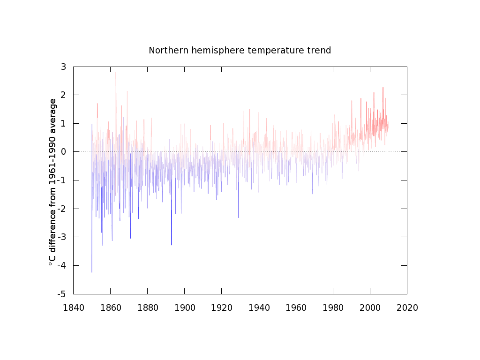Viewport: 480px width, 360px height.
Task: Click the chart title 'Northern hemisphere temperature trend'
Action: click(x=240, y=50)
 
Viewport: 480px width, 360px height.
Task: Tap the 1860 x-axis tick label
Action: click(x=110, y=308)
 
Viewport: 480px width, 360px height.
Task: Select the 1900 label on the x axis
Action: click(x=184, y=308)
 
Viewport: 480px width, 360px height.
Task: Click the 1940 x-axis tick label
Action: click(x=259, y=308)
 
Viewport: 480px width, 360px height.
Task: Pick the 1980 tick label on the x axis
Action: click(x=333, y=308)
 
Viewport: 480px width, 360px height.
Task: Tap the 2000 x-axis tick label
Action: click(x=370, y=308)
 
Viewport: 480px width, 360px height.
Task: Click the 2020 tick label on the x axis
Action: click(x=407, y=308)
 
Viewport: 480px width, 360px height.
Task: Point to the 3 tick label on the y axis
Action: click(x=63, y=67)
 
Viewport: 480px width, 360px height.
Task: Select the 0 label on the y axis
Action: click(x=63, y=152)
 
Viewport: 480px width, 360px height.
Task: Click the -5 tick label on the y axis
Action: click(x=61, y=294)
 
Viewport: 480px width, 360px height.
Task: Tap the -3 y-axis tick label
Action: click(x=61, y=237)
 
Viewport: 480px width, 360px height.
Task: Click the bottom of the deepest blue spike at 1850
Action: click(x=92, y=271)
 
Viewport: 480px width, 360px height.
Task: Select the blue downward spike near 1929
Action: click(x=238, y=217)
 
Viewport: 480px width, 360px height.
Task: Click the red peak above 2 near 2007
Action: click(x=383, y=89)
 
